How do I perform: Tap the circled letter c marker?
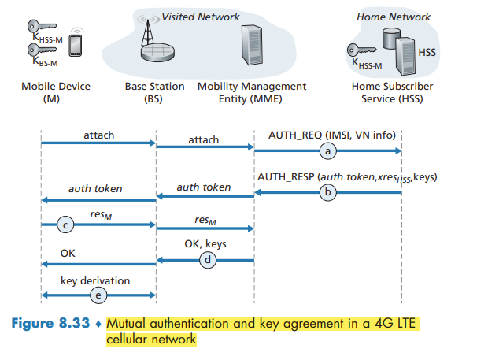coord(68,226)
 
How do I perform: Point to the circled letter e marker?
coord(98,295)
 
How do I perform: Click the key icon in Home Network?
coord(356,50)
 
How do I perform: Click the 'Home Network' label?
coord(405,17)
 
